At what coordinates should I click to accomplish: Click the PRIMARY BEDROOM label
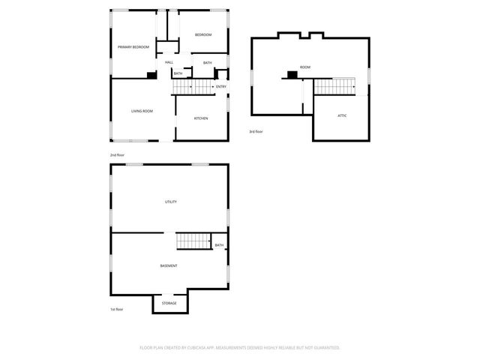pos(133,47)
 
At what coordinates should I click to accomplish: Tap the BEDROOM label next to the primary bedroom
pos(203,35)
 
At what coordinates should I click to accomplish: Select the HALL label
pos(169,62)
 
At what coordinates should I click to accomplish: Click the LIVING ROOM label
pos(142,111)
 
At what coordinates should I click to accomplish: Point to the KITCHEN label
pos(201,118)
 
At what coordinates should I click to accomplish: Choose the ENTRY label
pos(221,87)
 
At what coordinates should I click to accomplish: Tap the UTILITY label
pos(171,202)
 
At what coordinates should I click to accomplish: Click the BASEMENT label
pos(169,266)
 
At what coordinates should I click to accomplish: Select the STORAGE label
pos(169,303)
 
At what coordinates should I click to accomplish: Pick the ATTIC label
pos(341,116)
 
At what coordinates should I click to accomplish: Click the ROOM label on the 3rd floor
pos(305,67)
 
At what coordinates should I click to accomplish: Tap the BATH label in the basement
pos(219,245)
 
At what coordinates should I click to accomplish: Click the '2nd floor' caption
pos(117,154)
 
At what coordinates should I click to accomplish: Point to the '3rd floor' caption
pos(256,132)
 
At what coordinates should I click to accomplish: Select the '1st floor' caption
pos(117,309)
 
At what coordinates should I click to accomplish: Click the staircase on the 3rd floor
pos(332,86)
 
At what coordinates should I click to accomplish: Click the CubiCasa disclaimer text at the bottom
pos(240,348)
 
